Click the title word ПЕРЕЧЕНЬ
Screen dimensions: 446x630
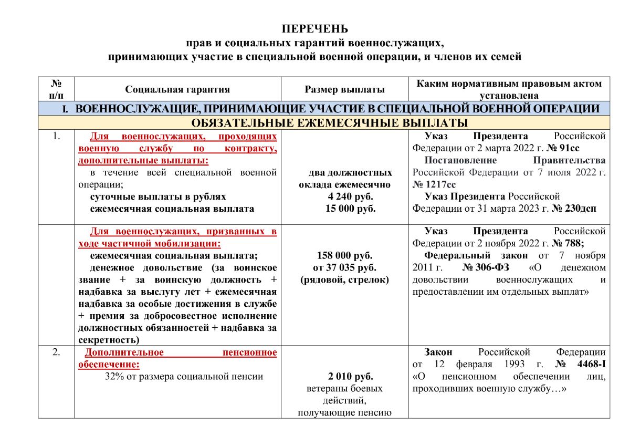[x=314, y=29]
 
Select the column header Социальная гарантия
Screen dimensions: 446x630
[x=177, y=90]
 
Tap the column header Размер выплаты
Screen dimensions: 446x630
[x=344, y=90]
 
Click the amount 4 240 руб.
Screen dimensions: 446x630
[x=345, y=196]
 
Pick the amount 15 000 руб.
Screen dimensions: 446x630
[x=345, y=209]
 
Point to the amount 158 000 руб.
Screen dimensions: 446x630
[x=344, y=256]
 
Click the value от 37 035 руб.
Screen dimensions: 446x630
[x=344, y=268]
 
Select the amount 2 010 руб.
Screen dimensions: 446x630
[x=344, y=377]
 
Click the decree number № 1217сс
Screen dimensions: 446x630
[x=434, y=184]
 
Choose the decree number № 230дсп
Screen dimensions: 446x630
[x=573, y=209]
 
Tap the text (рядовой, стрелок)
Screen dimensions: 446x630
[x=344, y=280]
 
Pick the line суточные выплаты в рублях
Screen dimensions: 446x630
[x=158, y=196]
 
